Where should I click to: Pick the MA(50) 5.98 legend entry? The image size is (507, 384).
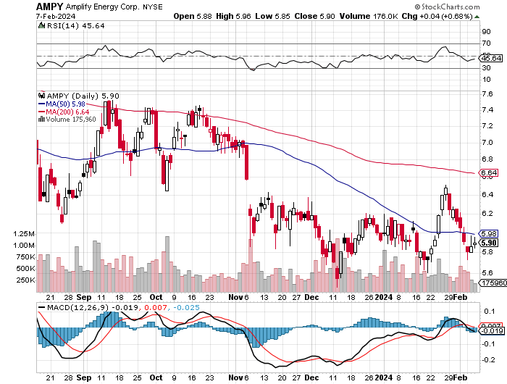click(x=70, y=104)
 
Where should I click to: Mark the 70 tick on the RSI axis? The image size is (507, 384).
click(x=485, y=44)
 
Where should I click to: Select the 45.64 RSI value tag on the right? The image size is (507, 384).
click(x=492, y=58)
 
